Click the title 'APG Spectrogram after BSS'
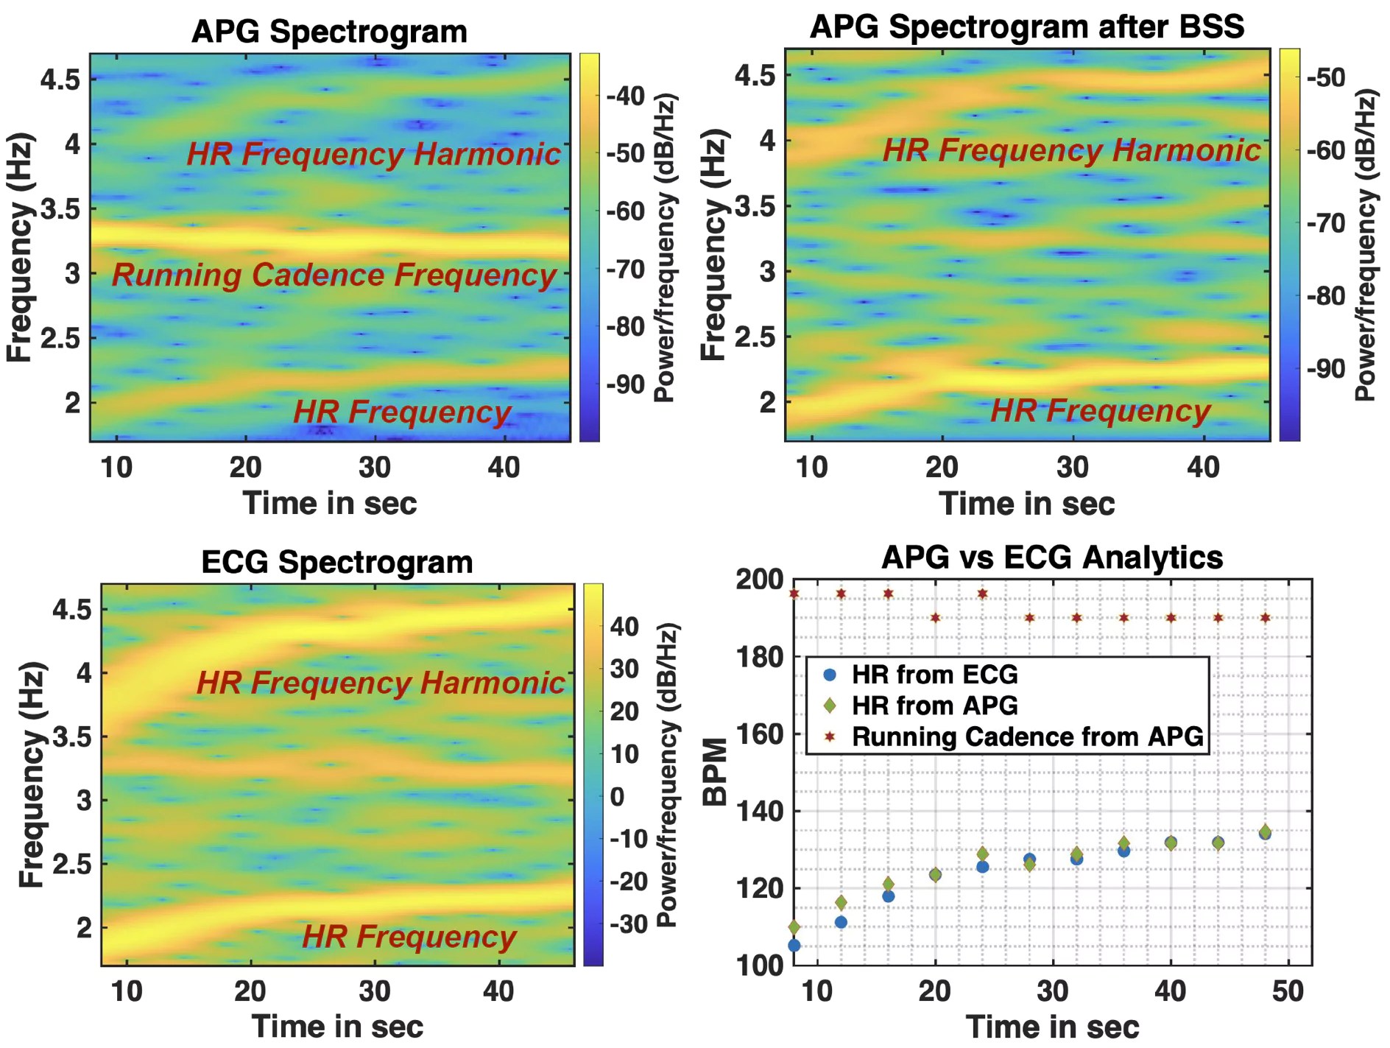click(1026, 27)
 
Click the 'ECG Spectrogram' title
click(337, 563)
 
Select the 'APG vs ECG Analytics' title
click(1052, 558)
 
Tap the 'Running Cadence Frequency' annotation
click(334, 275)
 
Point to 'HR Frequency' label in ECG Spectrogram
click(409, 937)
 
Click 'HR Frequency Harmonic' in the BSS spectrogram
click(1071, 150)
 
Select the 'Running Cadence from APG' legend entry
click(1026, 736)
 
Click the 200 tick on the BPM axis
click(760, 580)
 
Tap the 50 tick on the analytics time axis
click(1288, 991)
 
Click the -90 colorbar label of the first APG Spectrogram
click(625, 384)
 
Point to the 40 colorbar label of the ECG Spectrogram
click(624, 627)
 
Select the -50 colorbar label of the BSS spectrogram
click(1326, 77)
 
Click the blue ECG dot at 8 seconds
click(794, 945)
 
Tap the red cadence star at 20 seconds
click(935, 618)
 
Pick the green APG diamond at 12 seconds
click(841, 902)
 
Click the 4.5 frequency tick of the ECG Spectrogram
click(71, 610)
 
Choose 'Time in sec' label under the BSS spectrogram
click(1026, 504)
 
